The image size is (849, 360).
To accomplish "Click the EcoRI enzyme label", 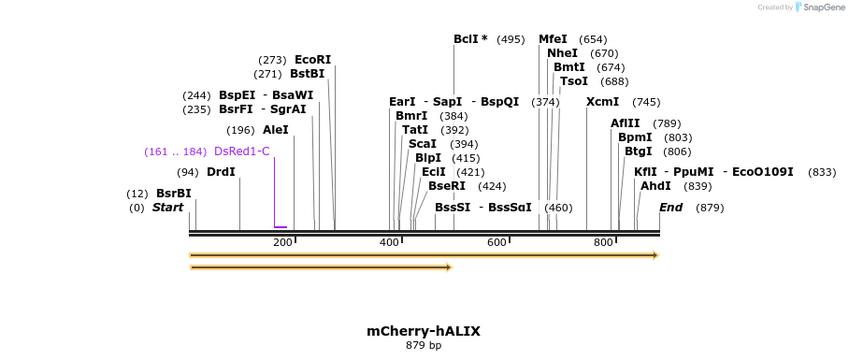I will pyautogui.click(x=312, y=60).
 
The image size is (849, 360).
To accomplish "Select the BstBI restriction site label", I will pyautogui.click(x=307, y=74).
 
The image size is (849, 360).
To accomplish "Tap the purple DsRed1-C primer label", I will pyautogui.click(x=241, y=151).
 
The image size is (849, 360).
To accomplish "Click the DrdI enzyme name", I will pyautogui.click(x=221, y=172).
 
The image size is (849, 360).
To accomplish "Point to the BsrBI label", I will pyautogui.click(x=173, y=194).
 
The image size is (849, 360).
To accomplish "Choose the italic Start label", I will pyautogui.click(x=167, y=208).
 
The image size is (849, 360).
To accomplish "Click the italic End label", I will pyautogui.click(x=670, y=208).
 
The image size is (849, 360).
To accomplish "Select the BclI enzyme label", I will pyautogui.click(x=470, y=39).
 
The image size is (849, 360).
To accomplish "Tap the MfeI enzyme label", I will pyautogui.click(x=553, y=39).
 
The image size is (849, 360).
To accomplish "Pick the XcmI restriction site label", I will pyautogui.click(x=602, y=102).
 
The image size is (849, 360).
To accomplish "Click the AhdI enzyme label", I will pyautogui.click(x=655, y=186).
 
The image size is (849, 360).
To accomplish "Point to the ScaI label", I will pyautogui.click(x=422, y=144).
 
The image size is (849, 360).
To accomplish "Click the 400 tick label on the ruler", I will pyautogui.click(x=389, y=243).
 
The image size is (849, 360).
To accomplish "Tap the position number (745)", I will pyautogui.click(x=646, y=102).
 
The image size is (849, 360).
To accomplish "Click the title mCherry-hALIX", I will pyautogui.click(x=424, y=331).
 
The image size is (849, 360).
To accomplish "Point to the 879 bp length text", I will pyautogui.click(x=424, y=346).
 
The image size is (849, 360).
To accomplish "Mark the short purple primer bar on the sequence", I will pyautogui.click(x=281, y=226).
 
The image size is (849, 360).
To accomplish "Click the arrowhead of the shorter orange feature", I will pyautogui.click(x=449, y=267).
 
